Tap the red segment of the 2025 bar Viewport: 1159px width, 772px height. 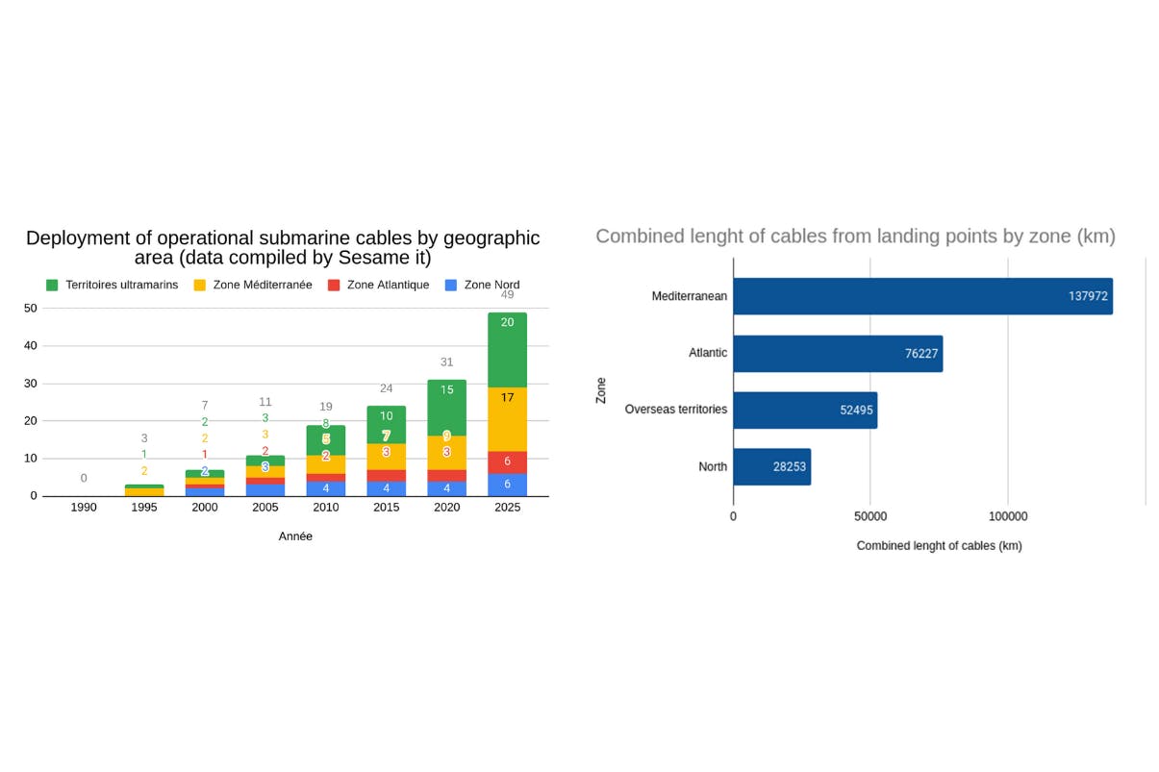coord(507,462)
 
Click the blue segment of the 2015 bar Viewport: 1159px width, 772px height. coord(386,488)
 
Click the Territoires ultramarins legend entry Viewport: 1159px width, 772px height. coord(113,286)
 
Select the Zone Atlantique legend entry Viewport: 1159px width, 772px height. coord(378,286)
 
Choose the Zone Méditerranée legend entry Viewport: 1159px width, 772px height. coord(253,286)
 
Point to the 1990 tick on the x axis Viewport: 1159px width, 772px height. coord(84,508)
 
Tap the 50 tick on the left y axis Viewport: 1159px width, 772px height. coord(31,309)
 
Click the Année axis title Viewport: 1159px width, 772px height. coord(295,536)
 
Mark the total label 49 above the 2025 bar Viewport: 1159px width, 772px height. coord(507,295)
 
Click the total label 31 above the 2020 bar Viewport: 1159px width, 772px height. coord(446,362)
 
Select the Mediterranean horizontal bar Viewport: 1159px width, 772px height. coord(922,296)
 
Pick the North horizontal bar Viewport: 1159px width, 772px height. coord(771,467)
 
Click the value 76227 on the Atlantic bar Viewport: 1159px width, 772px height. coord(921,354)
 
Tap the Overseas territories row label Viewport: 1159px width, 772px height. coord(675,410)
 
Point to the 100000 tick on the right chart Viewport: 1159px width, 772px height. coord(1008,517)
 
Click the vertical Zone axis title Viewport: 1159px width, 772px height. coord(601,390)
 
